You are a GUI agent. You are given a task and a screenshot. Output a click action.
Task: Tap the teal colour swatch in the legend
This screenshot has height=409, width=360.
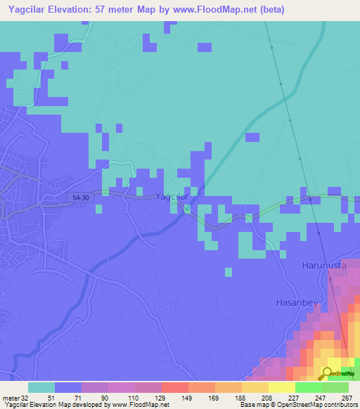pos(41,387)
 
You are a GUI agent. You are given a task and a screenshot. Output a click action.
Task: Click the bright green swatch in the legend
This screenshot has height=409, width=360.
pos(308,387)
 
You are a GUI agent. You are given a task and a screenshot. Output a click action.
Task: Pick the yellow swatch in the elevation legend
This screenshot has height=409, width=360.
pos(281,387)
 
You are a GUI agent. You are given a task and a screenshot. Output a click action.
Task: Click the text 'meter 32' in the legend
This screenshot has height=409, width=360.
pos(15,397)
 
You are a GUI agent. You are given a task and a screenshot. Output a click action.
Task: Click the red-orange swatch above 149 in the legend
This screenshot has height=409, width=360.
pos(174,387)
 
